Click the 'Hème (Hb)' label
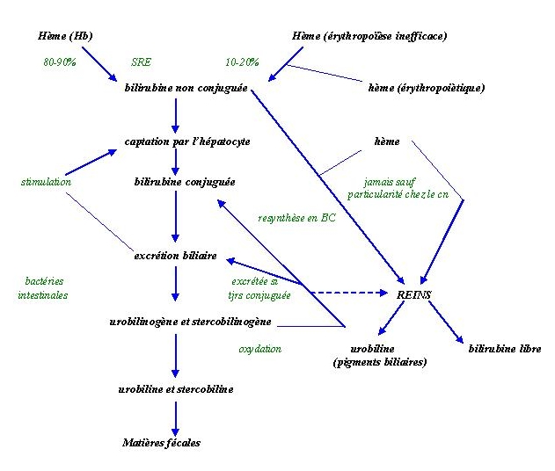point(66,36)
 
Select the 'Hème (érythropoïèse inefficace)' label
point(369,36)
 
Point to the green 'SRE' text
point(141,62)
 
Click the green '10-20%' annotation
point(243,62)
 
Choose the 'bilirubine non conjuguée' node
point(186,88)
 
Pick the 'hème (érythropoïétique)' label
point(427,88)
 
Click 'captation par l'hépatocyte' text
point(187,141)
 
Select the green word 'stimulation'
point(46,182)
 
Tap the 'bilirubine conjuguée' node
point(185,182)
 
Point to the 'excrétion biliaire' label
point(176,256)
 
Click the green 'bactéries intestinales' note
point(42,288)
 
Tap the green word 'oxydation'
point(260,349)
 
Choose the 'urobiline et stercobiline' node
point(176,388)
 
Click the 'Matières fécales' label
point(161,442)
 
